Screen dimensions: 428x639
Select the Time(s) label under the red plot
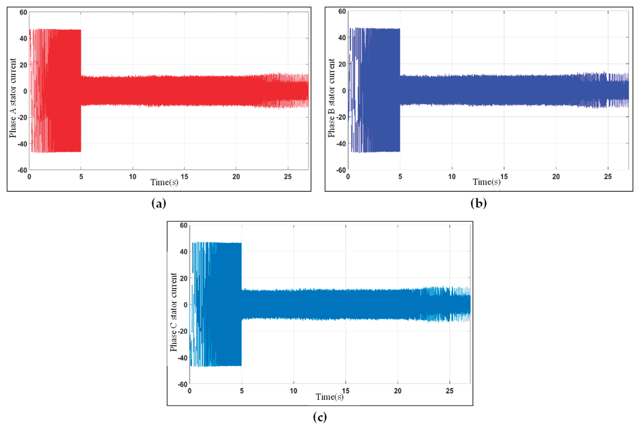click(164, 182)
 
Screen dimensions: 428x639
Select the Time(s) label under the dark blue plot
click(486, 182)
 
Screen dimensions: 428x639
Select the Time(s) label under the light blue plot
click(329, 397)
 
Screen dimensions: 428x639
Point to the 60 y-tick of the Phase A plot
click(24, 12)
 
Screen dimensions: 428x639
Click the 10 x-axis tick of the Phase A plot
click(133, 177)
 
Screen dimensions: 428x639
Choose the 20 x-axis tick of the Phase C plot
click(398, 391)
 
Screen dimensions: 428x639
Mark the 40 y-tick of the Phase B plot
click(342, 38)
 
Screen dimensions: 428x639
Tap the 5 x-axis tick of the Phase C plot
click(241, 391)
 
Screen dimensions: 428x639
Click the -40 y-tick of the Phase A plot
click(22, 144)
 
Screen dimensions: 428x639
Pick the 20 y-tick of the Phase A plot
click(24, 65)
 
